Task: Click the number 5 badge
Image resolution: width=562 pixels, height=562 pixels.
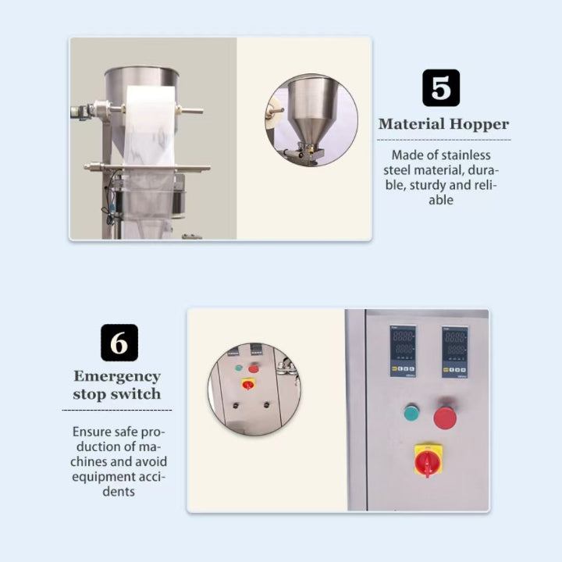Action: pyautogui.click(x=441, y=87)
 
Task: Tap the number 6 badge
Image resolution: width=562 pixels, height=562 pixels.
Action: pyautogui.click(x=119, y=343)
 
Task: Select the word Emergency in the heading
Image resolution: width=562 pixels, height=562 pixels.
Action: pyautogui.click(x=117, y=376)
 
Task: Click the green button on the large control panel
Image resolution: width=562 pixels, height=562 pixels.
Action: pyautogui.click(x=411, y=412)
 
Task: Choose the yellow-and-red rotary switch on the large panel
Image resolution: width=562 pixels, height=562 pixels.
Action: pyautogui.click(x=428, y=461)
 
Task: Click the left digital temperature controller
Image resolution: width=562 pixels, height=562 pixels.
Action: pyautogui.click(x=403, y=351)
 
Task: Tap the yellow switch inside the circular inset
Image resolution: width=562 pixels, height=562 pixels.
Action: pyautogui.click(x=248, y=383)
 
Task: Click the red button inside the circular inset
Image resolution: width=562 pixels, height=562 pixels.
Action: pyautogui.click(x=254, y=368)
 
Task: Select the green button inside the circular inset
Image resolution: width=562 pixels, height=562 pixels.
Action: pyautogui.click(x=239, y=367)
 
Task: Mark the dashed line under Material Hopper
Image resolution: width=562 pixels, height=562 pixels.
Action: pyautogui.click(x=443, y=140)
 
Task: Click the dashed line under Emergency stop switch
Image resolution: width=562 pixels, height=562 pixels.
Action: pyautogui.click(x=116, y=409)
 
